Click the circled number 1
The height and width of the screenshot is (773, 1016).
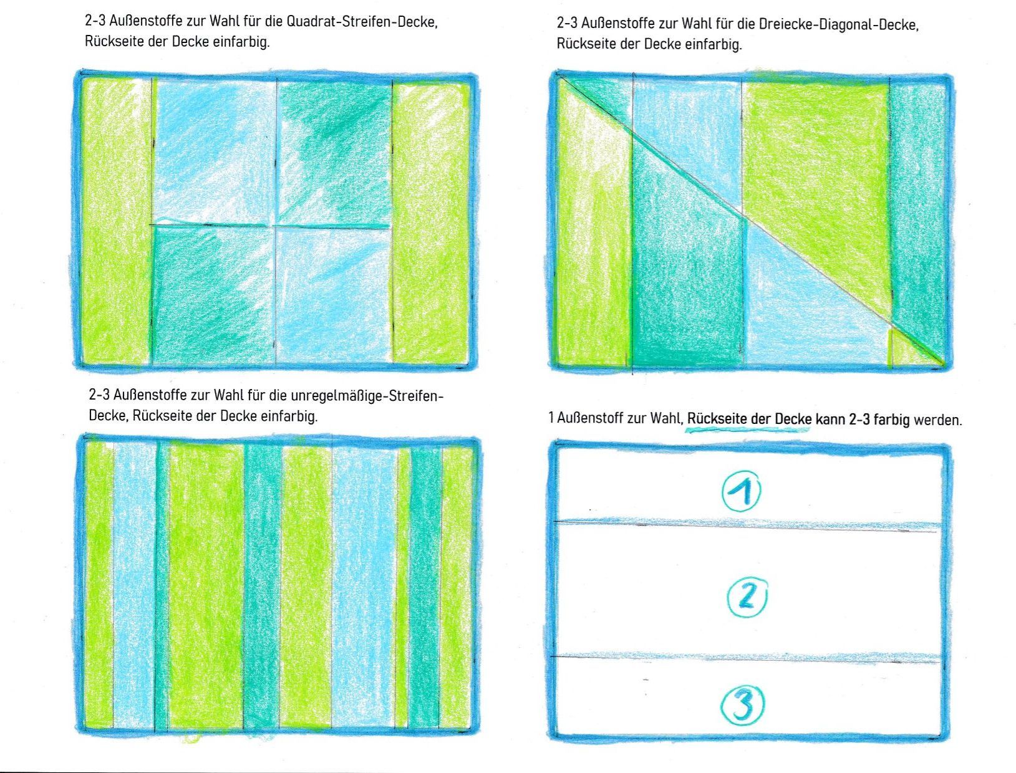click(741, 491)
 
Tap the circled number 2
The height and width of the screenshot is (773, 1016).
click(747, 598)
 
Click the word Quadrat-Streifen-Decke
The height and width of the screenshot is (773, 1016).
click(362, 22)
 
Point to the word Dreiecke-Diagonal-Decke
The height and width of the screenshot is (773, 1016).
click(838, 24)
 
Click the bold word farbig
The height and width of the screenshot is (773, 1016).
click(892, 420)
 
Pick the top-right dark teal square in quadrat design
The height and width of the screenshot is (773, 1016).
click(334, 153)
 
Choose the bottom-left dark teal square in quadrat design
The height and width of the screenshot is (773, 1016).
click(213, 295)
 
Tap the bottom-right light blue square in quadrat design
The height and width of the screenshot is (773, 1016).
click(333, 295)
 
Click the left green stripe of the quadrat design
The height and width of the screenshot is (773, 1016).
click(117, 221)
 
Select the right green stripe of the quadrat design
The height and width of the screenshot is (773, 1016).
click(430, 222)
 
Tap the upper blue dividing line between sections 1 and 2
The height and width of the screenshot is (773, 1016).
click(746, 524)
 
